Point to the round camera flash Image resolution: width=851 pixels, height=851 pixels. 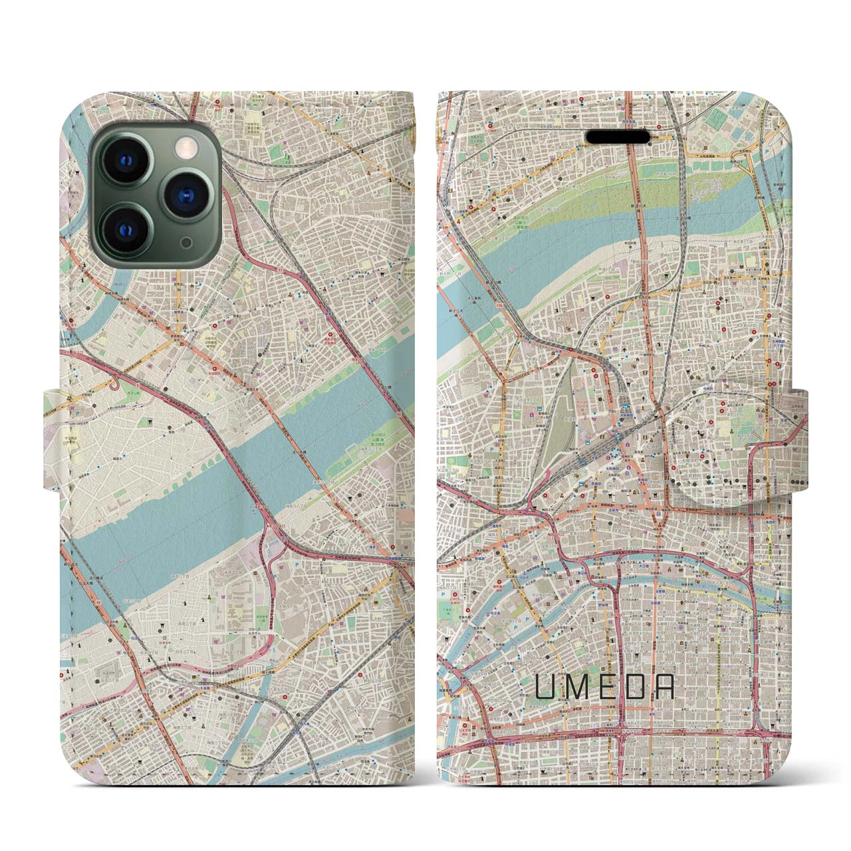point(187,142)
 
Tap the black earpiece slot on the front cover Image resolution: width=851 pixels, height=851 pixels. point(618,136)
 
